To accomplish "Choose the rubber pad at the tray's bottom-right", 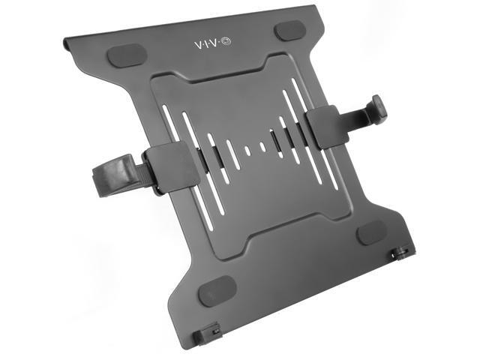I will click(371, 233).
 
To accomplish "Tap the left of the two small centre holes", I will click(247, 150).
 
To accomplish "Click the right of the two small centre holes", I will click(262, 146).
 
